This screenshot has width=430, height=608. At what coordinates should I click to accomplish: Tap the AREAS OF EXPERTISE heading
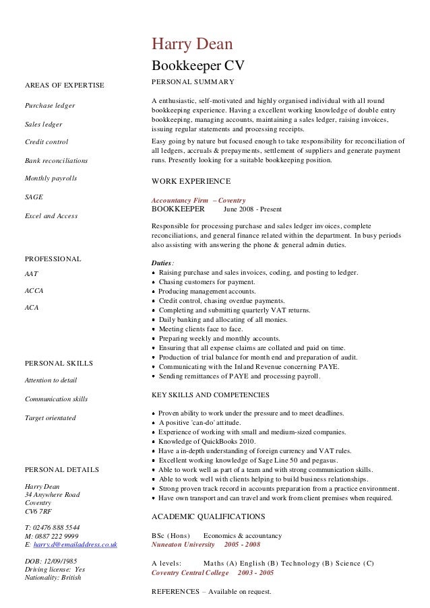click(x=64, y=85)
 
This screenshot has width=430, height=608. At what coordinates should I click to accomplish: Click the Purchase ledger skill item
click(x=50, y=106)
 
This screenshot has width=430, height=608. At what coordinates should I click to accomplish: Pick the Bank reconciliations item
click(x=56, y=161)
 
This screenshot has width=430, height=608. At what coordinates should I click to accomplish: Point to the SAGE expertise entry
click(x=34, y=197)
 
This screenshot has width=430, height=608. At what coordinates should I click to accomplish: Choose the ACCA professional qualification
click(x=34, y=291)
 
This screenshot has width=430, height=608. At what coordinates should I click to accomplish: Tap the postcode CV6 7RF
click(x=38, y=511)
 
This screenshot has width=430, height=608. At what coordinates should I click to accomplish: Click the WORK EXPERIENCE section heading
click(x=191, y=182)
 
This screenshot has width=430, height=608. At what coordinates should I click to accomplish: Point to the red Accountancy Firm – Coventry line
click(x=199, y=201)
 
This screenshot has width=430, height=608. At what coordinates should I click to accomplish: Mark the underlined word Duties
click(x=162, y=263)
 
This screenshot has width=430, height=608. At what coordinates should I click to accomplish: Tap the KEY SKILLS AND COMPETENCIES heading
click(x=210, y=395)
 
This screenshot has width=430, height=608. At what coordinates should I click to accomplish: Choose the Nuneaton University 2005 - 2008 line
click(x=206, y=544)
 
